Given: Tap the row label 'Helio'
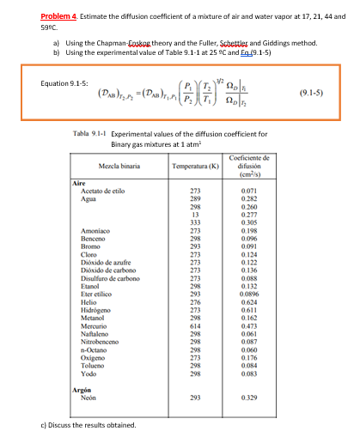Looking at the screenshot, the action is coord(84,300).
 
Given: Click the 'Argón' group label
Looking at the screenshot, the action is coord(80,389).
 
